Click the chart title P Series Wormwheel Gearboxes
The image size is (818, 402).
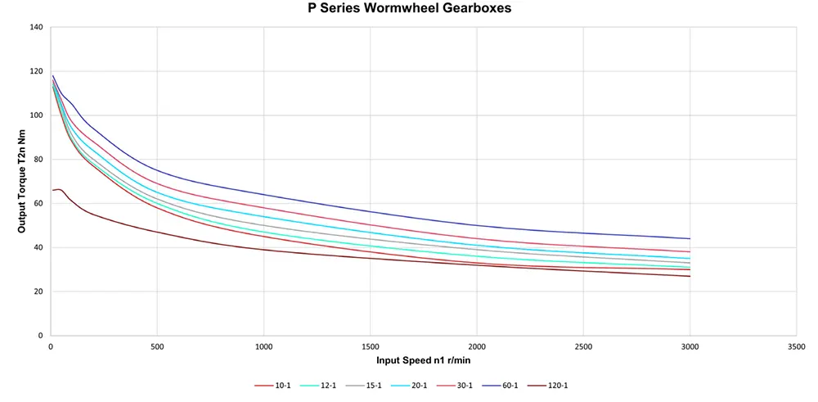click(410, 9)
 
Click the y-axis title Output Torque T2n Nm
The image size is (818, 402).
click(22, 181)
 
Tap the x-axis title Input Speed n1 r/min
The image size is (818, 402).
click(423, 360)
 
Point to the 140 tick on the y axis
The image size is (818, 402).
click(36, 27)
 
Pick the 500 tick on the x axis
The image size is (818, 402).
click(157, 346)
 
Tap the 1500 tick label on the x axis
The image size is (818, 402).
click(370, 346)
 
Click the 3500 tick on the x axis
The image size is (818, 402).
click(796, 346)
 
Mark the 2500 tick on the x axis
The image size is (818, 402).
click(583, 346)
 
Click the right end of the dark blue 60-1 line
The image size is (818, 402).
click(690, 238)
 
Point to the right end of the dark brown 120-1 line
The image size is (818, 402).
click(690, 276)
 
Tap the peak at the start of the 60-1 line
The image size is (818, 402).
click(53, 75)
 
